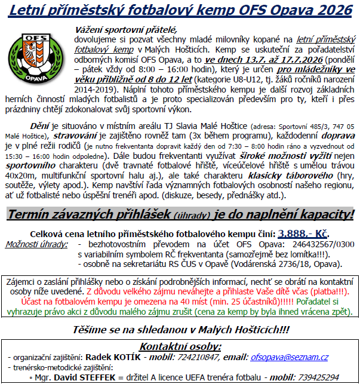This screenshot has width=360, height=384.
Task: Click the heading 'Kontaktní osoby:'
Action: [180, 346]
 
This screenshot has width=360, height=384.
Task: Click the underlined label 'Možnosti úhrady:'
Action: [35, 245]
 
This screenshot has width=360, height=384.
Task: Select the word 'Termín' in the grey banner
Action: [33, 214]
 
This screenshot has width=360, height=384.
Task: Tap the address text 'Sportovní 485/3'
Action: [287, 126]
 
